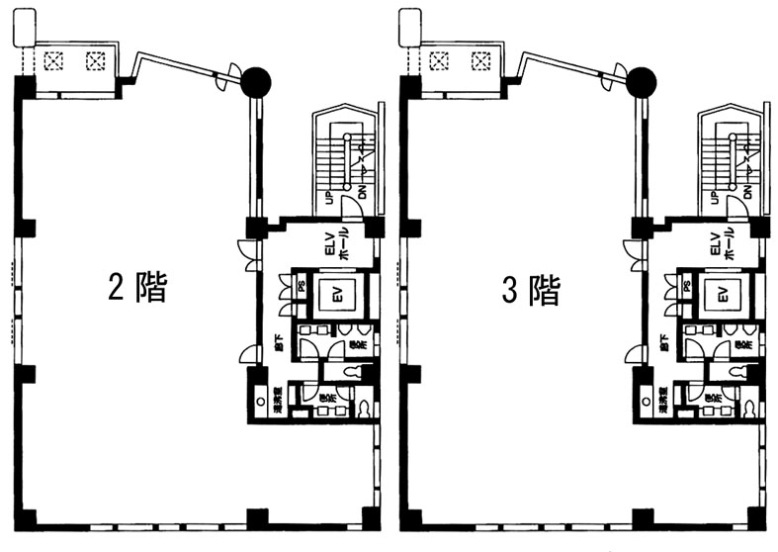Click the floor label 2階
point(136,288)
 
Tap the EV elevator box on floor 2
point(337,294)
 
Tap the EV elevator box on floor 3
point(723,294)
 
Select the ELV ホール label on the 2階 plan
point(337,243)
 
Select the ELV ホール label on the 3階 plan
point(723,243)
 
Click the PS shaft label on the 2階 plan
point(301,288)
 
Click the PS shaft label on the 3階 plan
point(686,288)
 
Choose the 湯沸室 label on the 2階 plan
point(278,402)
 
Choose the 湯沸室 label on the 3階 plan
point(663,402)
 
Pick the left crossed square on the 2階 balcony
point(54,60)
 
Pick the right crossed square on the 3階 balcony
point(480,60)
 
